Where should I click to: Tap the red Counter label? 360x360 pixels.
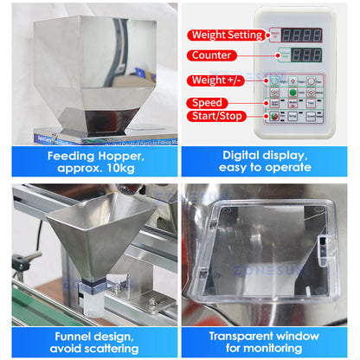[211, 55]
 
